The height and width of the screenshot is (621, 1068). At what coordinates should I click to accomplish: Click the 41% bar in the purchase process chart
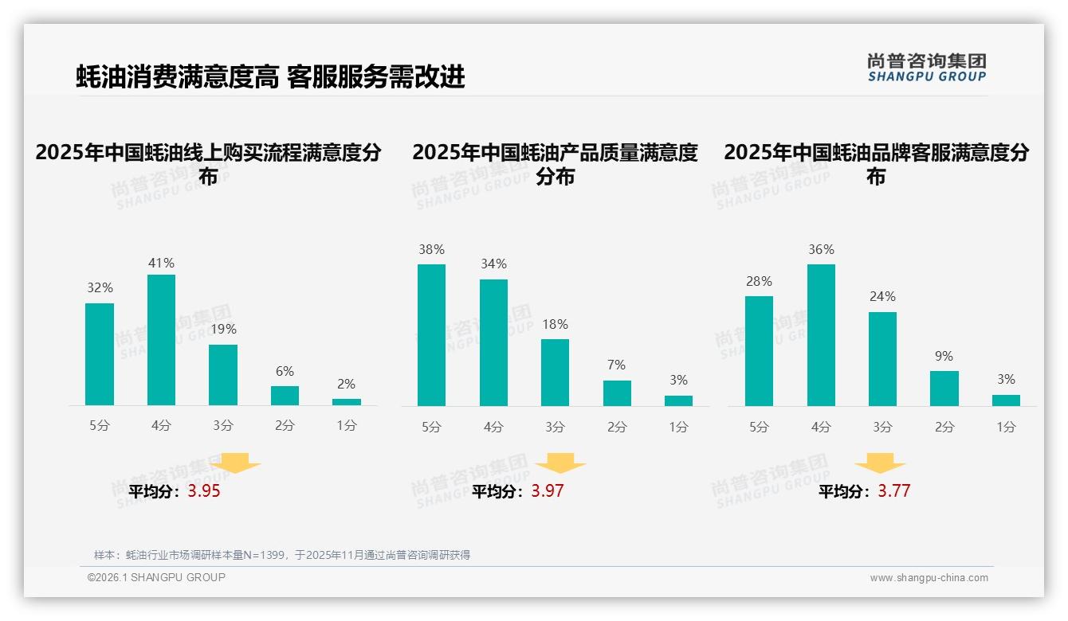click(161, 340)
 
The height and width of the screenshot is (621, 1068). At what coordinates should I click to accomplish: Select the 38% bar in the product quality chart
click(431, 334)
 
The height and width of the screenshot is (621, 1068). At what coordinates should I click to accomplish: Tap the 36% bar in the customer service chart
click(821, 334)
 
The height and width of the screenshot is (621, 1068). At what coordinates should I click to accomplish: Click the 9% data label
click(944, 356)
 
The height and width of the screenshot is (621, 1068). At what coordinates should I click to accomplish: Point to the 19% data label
click(223, 329)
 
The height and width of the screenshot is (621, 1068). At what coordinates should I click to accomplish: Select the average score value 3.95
click(204, 491)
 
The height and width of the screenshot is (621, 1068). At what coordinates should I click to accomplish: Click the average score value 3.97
click(548, 491)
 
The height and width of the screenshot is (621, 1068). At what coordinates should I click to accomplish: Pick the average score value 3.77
click(894, 491)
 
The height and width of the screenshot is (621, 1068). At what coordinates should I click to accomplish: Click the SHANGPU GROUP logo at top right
click(926, 68)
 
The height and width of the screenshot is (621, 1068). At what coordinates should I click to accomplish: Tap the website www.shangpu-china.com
click(929, 578)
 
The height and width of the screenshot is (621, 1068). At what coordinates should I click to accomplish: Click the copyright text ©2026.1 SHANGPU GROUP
click(156, 577)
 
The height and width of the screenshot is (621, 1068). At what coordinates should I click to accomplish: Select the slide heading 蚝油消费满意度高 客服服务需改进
click(270, 77)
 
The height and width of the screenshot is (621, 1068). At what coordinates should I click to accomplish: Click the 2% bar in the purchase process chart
click(347, 402)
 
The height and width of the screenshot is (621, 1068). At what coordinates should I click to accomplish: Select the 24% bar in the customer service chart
click(882, 359)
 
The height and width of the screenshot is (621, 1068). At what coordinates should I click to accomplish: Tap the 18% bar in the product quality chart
click(555, 373)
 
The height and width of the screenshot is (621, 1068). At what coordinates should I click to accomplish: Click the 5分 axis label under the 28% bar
click(759, 428)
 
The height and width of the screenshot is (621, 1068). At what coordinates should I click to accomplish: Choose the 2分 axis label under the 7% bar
click(617, 428)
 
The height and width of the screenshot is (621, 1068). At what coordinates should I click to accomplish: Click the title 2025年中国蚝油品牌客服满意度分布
click(876, 163)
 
